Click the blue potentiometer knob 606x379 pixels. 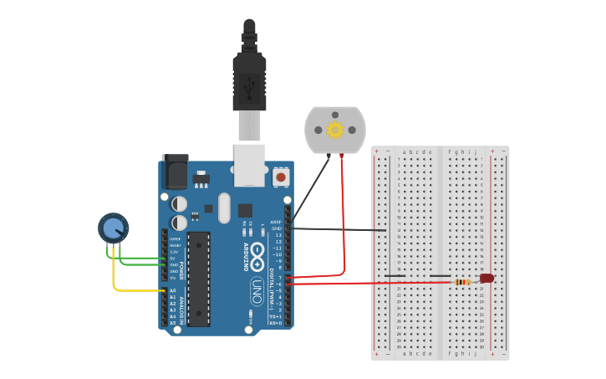113,227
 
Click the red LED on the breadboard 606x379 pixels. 486,278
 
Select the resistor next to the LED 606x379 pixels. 462,282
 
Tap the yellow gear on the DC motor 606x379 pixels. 335,130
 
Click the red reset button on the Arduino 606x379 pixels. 281,177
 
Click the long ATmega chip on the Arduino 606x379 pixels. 198,279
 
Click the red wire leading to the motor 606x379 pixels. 344,218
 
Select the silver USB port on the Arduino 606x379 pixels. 249,164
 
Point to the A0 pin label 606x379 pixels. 173,290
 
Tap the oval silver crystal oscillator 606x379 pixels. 224,208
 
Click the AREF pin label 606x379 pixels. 276,222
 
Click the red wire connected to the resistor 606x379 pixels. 368,283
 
